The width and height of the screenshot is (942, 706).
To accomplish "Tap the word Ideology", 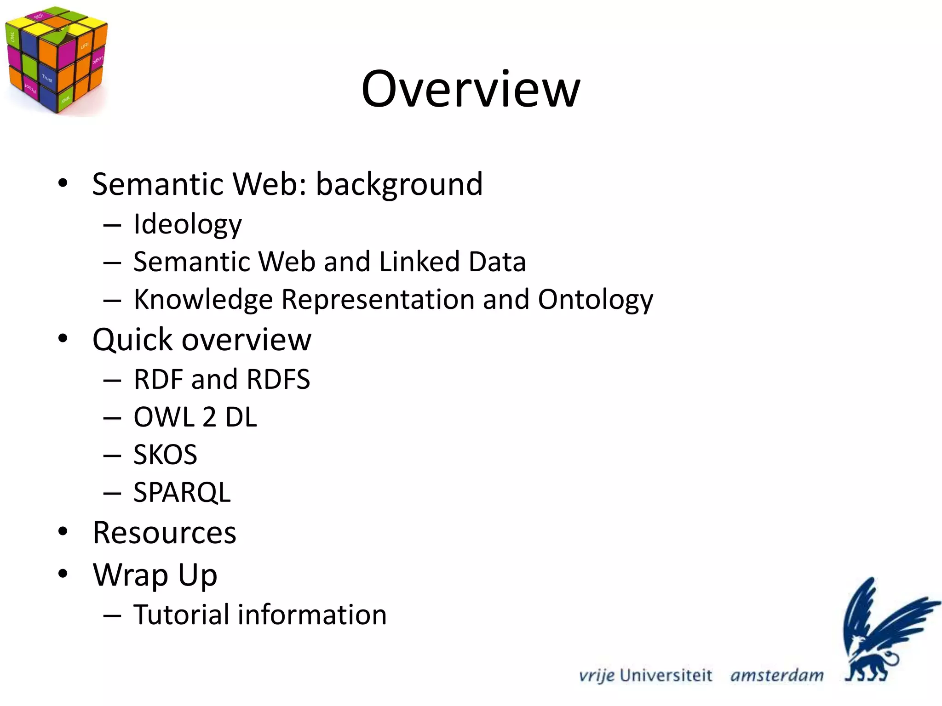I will [x=187, y=224].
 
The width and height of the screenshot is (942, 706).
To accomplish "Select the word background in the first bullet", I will [x=399, y=184].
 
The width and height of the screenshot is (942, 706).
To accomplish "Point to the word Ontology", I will [x=595, y=300].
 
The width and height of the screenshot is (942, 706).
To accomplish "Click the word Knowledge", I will [x=203, y=300].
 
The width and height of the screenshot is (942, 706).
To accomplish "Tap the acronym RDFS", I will [x=278, y=380].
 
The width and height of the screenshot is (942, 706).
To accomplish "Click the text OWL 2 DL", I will [x=195, y=417].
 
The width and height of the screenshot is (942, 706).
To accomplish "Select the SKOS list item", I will [x=165, y=455].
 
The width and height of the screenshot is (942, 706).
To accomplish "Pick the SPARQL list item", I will [x=182, y=493].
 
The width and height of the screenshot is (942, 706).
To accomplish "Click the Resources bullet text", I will [x=164, y=533].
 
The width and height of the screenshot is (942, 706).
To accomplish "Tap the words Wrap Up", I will [x=155, y=575].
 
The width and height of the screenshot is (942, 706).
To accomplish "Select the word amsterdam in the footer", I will [x=777, y=676].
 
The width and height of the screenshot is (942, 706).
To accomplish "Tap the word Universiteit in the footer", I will [x=666, y=676].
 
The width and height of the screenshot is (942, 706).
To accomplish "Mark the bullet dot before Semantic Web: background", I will [x=63, y=183].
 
